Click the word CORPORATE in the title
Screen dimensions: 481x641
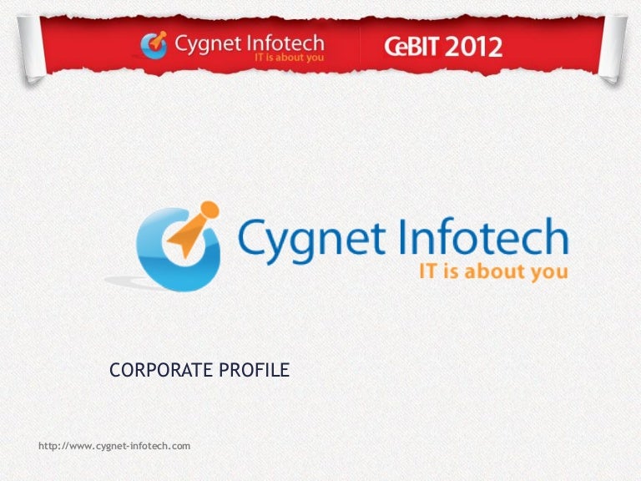[x=159, y=369]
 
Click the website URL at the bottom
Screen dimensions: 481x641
[x=114, y=447]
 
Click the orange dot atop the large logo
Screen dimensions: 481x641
[x=209, y=208]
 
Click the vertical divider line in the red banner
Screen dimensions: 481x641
[x=360, y=46]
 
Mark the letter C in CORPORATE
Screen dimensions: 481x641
[x=115, y=369]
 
